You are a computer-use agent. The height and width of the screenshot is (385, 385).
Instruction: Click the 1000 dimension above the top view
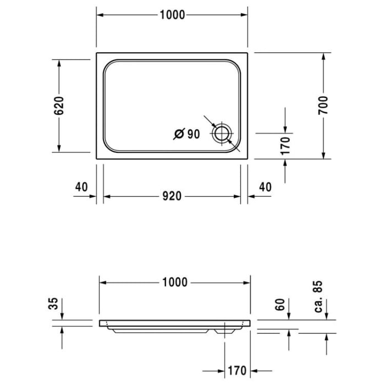[173, 15]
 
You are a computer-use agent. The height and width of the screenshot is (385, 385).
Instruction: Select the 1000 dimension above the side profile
[174, 282]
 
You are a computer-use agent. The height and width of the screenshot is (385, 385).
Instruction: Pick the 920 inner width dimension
[172, 196]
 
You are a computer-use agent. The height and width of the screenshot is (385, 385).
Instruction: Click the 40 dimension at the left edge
[81, 187]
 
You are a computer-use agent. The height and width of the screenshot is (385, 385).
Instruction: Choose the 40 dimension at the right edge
[265, 187]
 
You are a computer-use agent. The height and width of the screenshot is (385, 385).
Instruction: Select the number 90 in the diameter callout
[193, 134]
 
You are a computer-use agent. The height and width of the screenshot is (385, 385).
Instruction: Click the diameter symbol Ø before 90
[179, 134]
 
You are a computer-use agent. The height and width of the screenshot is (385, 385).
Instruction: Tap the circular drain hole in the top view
[222, 133]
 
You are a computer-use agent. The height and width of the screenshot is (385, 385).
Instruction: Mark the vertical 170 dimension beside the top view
[285, 146]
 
